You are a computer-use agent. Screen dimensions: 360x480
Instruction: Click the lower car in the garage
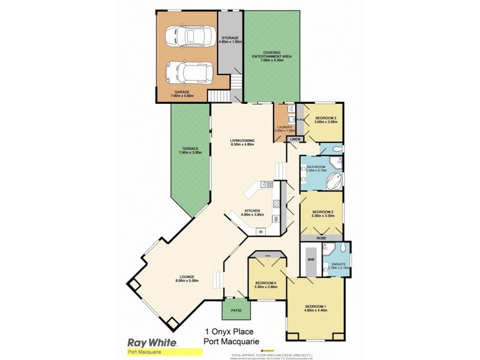(x=186, y=73)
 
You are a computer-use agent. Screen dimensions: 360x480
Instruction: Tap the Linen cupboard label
(x=294, y=139)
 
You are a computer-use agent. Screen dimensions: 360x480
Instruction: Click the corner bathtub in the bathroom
(x=334, y=179)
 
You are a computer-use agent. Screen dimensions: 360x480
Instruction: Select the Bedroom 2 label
(x=323, y=212)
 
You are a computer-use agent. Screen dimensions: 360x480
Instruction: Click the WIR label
(x=310, y=260)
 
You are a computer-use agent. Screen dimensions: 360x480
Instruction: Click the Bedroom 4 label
(x=266, y=283)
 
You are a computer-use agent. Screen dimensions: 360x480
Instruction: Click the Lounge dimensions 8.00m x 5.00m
(x=187, y=281)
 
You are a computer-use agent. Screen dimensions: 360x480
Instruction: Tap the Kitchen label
(x=251, y=211)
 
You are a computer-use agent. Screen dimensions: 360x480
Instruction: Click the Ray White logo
(x=152, y=343)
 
